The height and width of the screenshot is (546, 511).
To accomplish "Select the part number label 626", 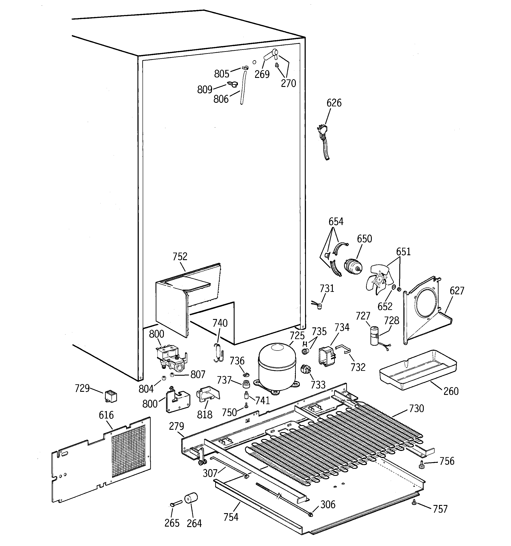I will pyautogui.click(x=334, y=103).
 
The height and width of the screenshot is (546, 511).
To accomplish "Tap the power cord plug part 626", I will pyautogui.click(x=323, y=130).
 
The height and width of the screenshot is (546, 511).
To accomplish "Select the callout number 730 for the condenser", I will pyautogui.click(x=416, y=409).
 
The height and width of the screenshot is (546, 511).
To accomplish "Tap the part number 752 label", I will pyautogui.click(x=180, y=257).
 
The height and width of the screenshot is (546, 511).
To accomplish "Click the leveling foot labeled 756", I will pyautogui.click(x=421, y=465).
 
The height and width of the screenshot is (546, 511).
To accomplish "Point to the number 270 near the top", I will pyautogui.click(x=288, y=83).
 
